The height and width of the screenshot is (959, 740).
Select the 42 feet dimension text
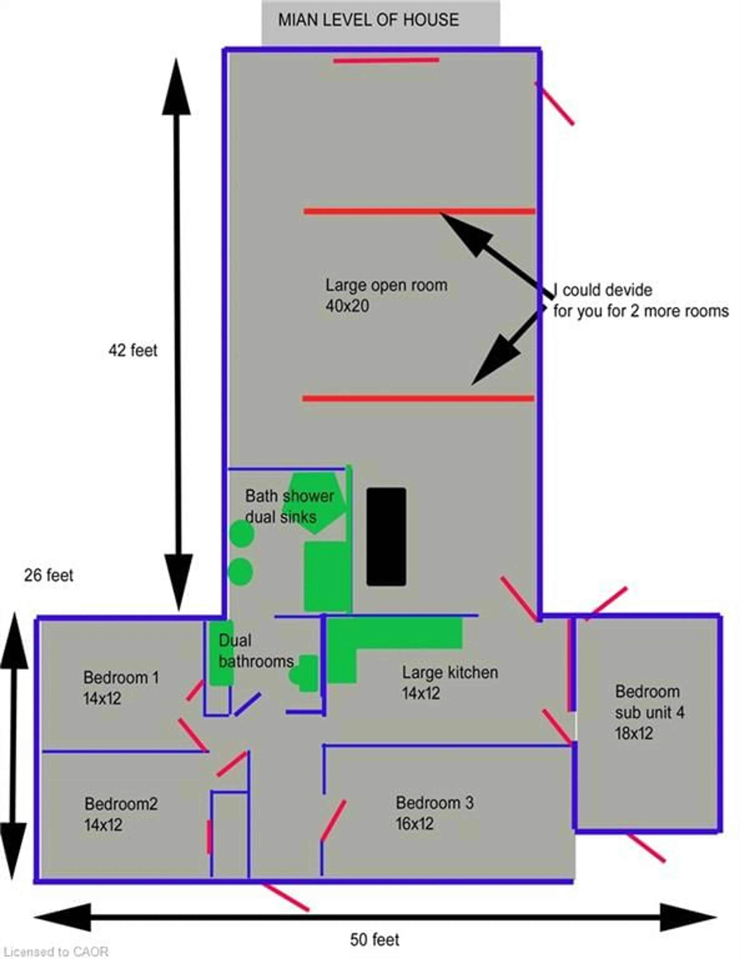[x=133, y=350]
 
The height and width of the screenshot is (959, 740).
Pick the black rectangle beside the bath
[x=386, y=537]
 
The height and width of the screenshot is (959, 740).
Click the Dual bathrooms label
[x=256, y=651]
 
